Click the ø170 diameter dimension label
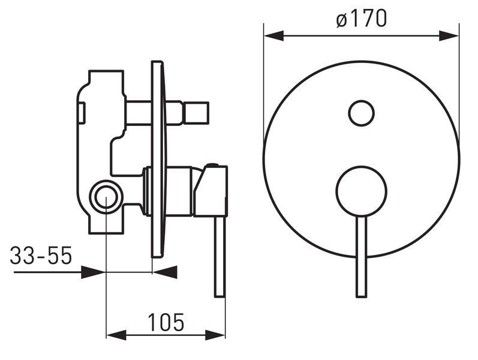click(x=362, y=19)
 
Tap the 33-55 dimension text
click(x=41, y=255)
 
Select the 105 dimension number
click(x=166, y=322)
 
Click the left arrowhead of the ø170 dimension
click(x=273, y=35)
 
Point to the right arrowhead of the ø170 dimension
click(x=449, y=35)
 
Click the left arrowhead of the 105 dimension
click(x=116, y=335)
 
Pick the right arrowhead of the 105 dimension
click(x=215, y=335)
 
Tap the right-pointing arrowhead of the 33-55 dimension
click(x=93, y=272)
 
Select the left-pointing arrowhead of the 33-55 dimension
click(x=165, y=272)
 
